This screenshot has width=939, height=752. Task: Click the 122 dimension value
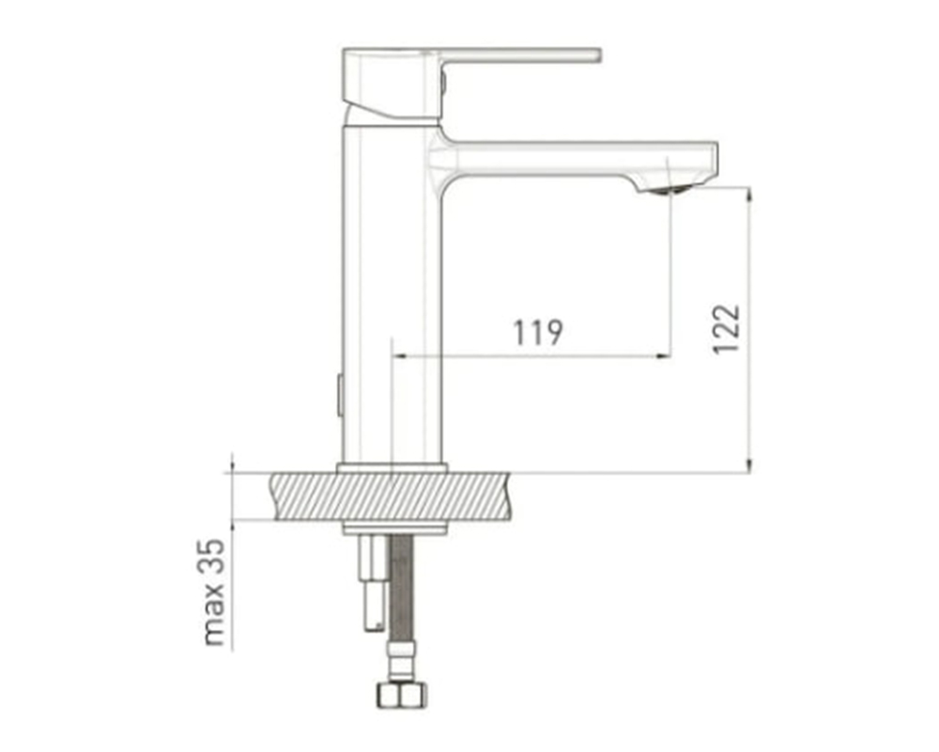(727, 329)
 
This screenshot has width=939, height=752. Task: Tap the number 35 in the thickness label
(214, 557)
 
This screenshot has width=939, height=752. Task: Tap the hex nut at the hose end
(402, 695)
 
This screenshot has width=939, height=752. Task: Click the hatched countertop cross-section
(392, 496)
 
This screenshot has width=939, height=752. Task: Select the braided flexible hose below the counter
(401, 588)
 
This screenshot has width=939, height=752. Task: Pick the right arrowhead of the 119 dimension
(664, 356)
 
